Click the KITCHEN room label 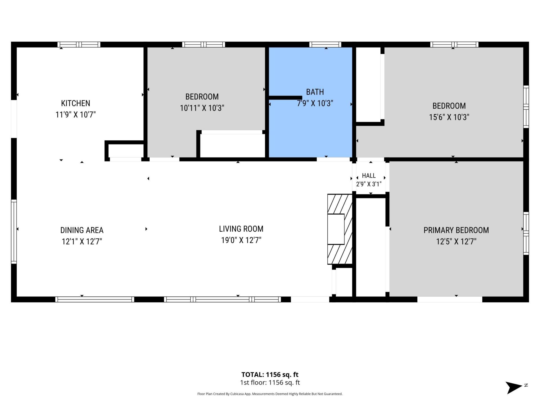pos(76,103)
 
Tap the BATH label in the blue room pos(315,92)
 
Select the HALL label pos(369,175)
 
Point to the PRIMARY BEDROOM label pos(456,230)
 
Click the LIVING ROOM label pos(241,229)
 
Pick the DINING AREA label pos(82,230)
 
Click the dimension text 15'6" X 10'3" pos(449,117)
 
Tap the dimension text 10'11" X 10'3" pos(202,108)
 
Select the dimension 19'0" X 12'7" pos(241,240)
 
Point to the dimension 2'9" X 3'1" pos(369,184)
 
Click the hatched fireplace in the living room pos(340,229)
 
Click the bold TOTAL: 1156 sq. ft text pos(270,375)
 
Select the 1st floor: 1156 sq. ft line pos(270,382)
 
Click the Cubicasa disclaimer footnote pos(270,394)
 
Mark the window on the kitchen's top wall pos(79,44)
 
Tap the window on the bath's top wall pos(325,44)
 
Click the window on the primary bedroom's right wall pos(526,233)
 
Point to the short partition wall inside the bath pos(285,98)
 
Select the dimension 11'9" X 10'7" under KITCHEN pos(76,114)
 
